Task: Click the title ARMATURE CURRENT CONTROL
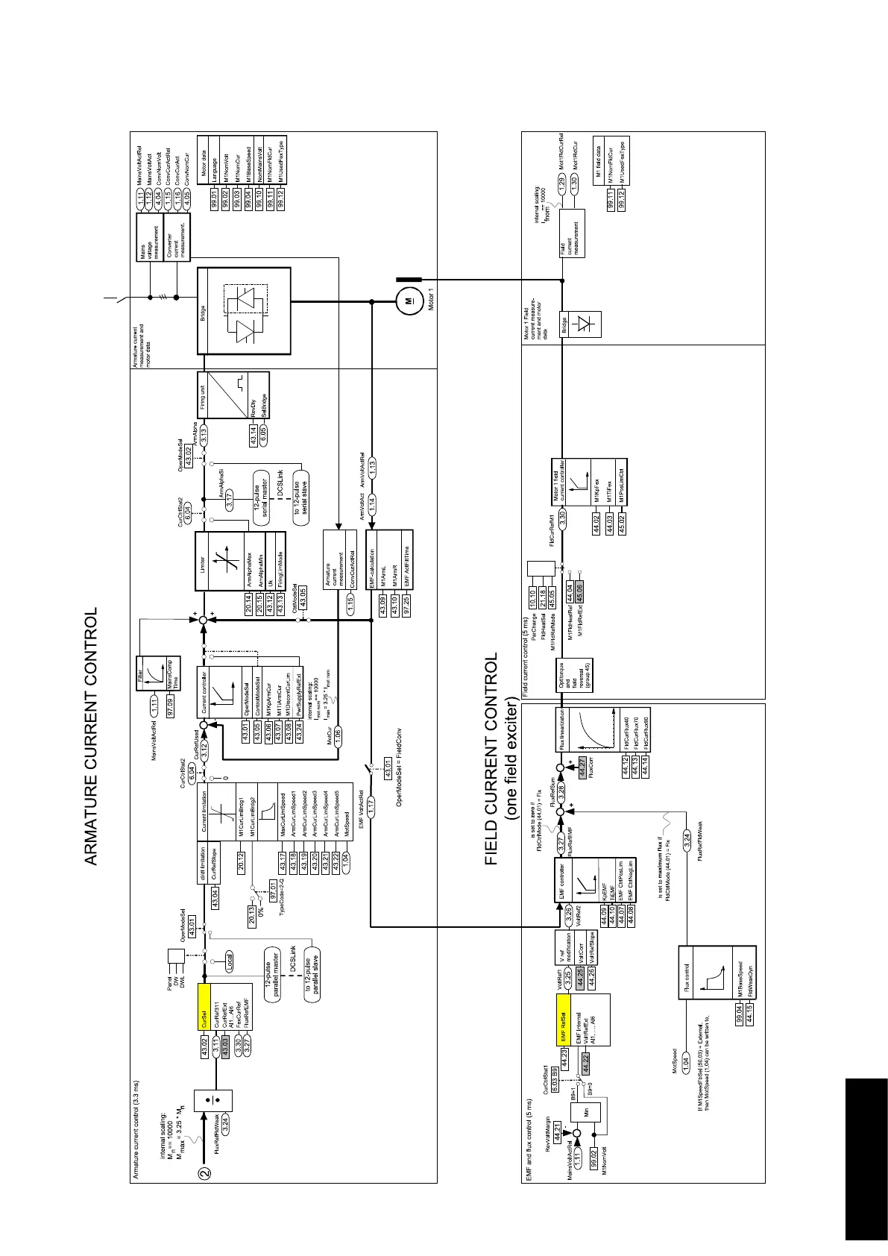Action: tap(91, 737)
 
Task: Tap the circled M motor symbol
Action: tap(407, 301)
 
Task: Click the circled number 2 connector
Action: tap(204, 1172)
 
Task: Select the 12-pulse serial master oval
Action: tap(261, 494)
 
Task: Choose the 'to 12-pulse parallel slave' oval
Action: tap(309, 973)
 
